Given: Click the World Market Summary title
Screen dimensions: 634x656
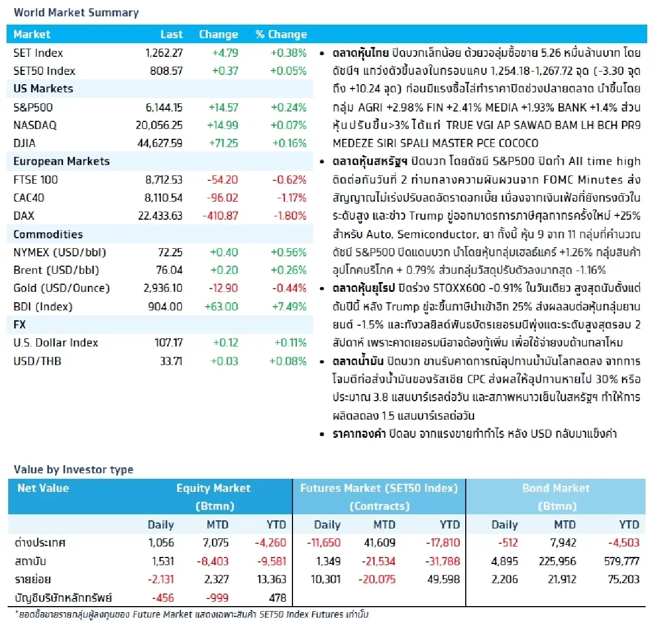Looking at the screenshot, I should click(76, 13).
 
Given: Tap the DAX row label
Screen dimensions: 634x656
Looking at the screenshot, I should click(24, 216).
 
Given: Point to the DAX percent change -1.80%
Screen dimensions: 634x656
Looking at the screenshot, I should click(290, 216).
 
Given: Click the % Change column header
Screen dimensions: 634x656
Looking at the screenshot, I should click(281, 34).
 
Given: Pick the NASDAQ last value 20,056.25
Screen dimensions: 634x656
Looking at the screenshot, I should click(159, 125).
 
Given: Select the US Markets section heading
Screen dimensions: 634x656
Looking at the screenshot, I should click(43, 89).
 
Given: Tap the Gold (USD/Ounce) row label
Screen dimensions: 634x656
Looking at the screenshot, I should click(61, 288).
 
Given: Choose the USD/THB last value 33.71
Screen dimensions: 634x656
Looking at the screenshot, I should click(171, 361).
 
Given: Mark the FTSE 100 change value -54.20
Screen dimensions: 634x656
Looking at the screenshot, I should click(222, 180).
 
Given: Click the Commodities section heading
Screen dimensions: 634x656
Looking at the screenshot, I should click(48, 234).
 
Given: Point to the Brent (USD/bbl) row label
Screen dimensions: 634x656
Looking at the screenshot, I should click(56, 270).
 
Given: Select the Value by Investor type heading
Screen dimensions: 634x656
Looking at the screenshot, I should click(73, 469).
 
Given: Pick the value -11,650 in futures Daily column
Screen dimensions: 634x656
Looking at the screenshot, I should click(324, 543).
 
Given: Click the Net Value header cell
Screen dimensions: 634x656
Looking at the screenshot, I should click(43, 488).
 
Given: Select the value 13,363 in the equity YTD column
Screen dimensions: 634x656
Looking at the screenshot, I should click(271, 579).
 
